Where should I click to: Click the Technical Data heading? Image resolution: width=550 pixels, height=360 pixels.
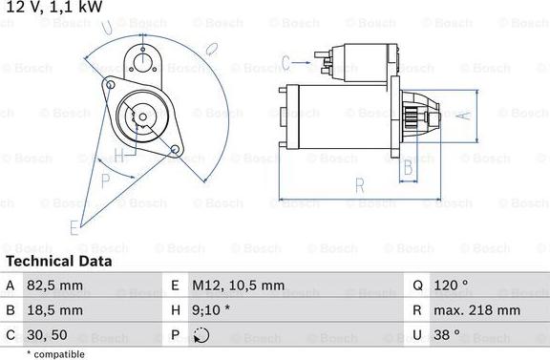[58, 261]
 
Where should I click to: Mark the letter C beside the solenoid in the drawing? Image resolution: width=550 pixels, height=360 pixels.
[286, 64]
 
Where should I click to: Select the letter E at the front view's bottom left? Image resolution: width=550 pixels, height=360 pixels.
[74, 226]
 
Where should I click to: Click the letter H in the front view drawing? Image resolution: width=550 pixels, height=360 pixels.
[118, 155]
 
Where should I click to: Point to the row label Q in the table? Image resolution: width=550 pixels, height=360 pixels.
[418, 285]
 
